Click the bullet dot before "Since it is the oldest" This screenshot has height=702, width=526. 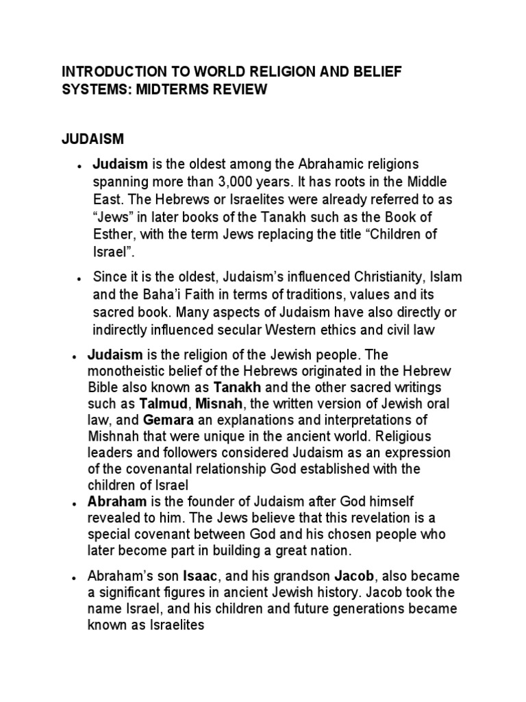click(80, 278)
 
